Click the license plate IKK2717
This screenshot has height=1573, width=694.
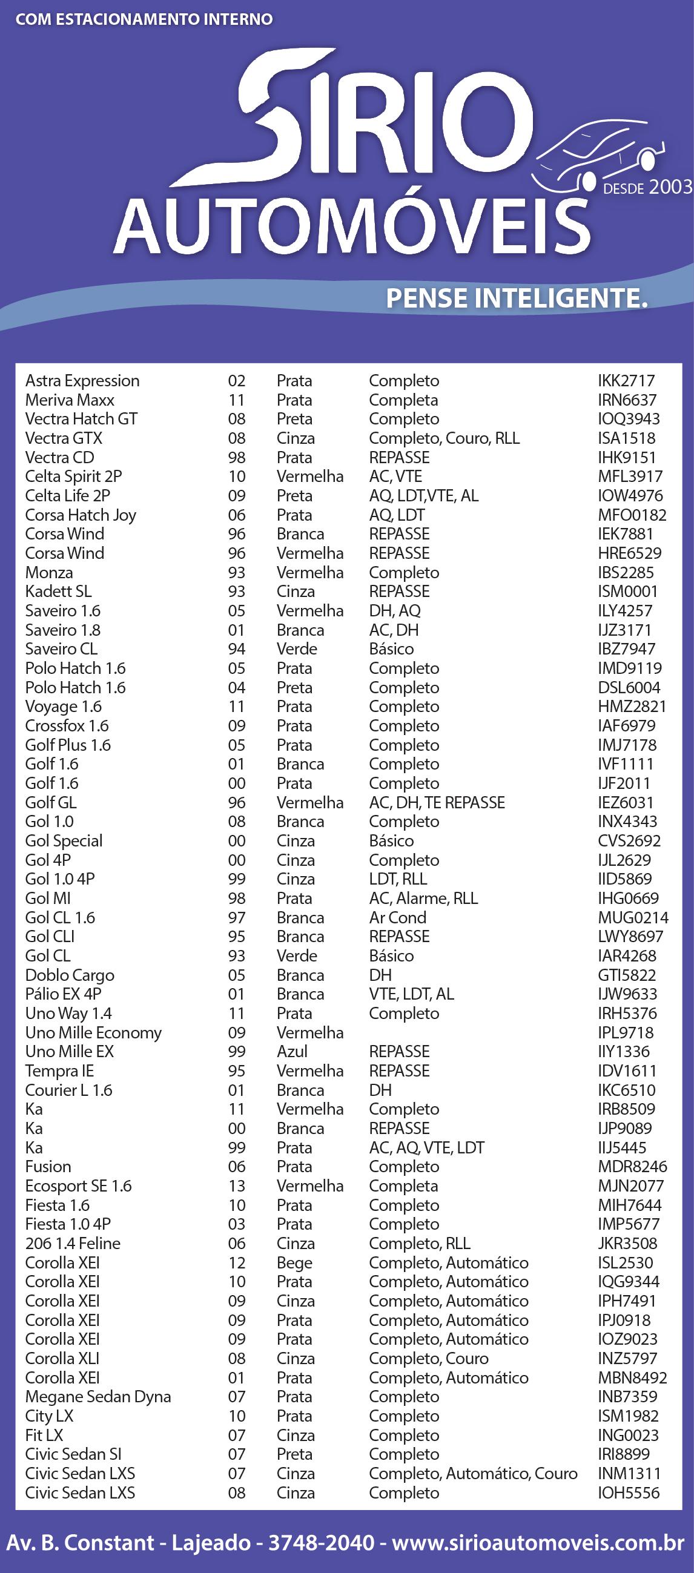point(626,380)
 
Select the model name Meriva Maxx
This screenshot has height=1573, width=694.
point(70,400)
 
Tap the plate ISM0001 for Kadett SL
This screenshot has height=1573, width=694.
point(627,591)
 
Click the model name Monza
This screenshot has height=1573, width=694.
point(49,572)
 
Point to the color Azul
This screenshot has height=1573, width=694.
point(292,1051)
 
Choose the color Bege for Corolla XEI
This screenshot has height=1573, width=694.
point(294,1262)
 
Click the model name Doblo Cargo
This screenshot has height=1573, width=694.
point(70,975)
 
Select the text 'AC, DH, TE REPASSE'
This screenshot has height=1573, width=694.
point(437,802)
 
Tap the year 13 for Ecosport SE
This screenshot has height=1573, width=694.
point(236,1186)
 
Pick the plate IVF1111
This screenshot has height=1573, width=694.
point(626,764)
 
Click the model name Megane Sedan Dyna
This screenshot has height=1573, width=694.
point(97,1397)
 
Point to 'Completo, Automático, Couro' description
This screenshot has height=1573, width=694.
point(473,1473)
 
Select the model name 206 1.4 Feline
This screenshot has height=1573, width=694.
point(73,1243)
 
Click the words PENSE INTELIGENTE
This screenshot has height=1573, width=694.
point(516,298)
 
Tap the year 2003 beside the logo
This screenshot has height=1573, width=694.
point(670,187)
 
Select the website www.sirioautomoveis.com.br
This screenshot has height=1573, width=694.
point(538,1543)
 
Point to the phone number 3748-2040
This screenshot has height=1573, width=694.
point(322,1543)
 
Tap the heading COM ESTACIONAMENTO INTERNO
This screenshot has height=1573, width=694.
point(144,19)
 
